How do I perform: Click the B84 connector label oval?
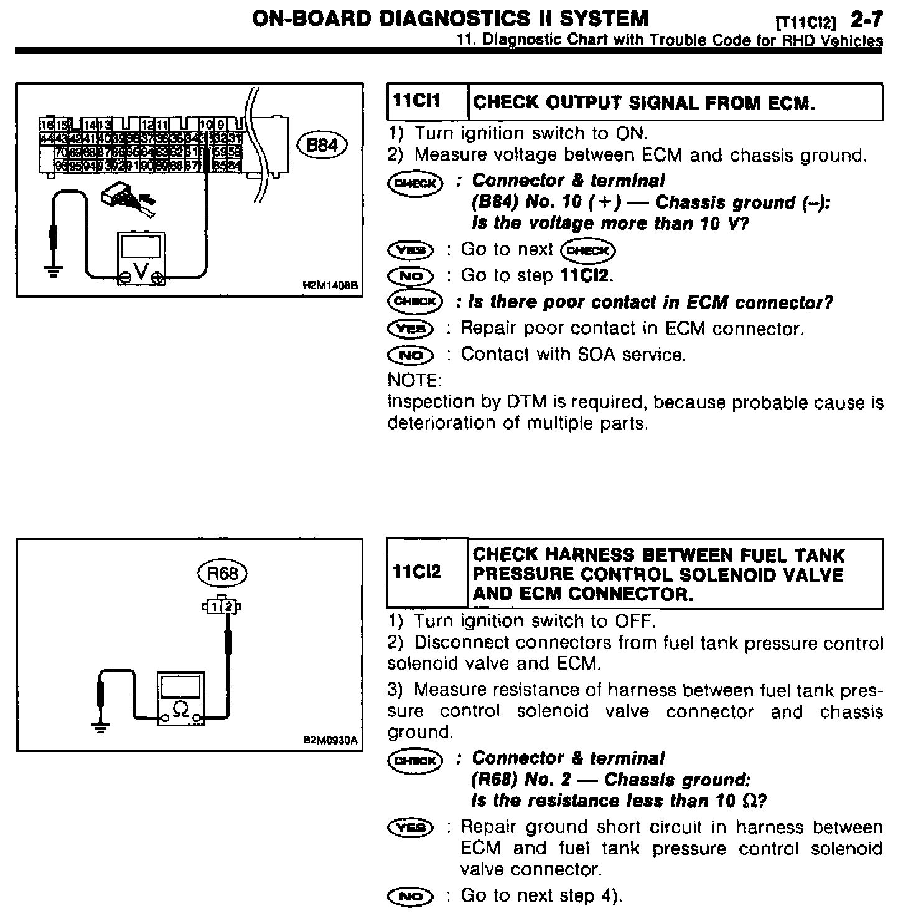322,146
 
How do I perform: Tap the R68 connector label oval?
222,573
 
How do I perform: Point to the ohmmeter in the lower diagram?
180,698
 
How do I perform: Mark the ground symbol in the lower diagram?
100,725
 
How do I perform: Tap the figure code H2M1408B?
330,286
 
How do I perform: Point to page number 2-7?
866,20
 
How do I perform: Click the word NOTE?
414,380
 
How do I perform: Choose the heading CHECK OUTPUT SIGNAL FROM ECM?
644,102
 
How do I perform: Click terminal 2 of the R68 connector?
230,606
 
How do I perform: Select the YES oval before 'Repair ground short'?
409,827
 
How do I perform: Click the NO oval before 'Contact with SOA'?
409,356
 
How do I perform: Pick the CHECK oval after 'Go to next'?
587,250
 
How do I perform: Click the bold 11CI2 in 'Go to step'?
586,276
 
